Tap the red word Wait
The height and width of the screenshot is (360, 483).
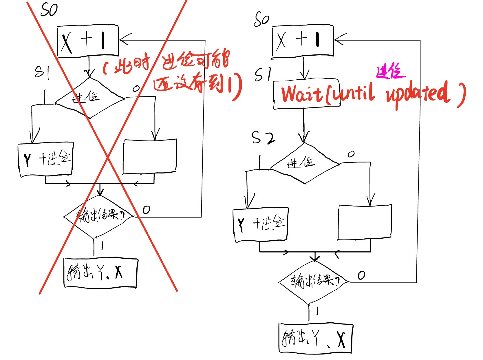[x=302, y=94]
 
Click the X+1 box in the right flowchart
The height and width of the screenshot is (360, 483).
[x=303, y=41]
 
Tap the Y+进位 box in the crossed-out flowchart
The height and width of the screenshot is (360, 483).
[x=45, y=159]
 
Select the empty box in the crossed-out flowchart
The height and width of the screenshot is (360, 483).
[x=150, y=157]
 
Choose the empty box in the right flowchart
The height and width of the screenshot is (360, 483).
[x=365, y=222]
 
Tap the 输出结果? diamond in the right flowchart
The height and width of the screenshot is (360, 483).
[x=314, y=281]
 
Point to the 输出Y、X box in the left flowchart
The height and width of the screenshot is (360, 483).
[x=100, y=273]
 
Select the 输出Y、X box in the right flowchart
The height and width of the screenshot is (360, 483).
[x=316, y=338]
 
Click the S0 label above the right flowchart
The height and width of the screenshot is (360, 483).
[x=261, y=20]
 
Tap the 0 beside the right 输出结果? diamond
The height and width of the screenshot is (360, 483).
[x=361, y=275]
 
